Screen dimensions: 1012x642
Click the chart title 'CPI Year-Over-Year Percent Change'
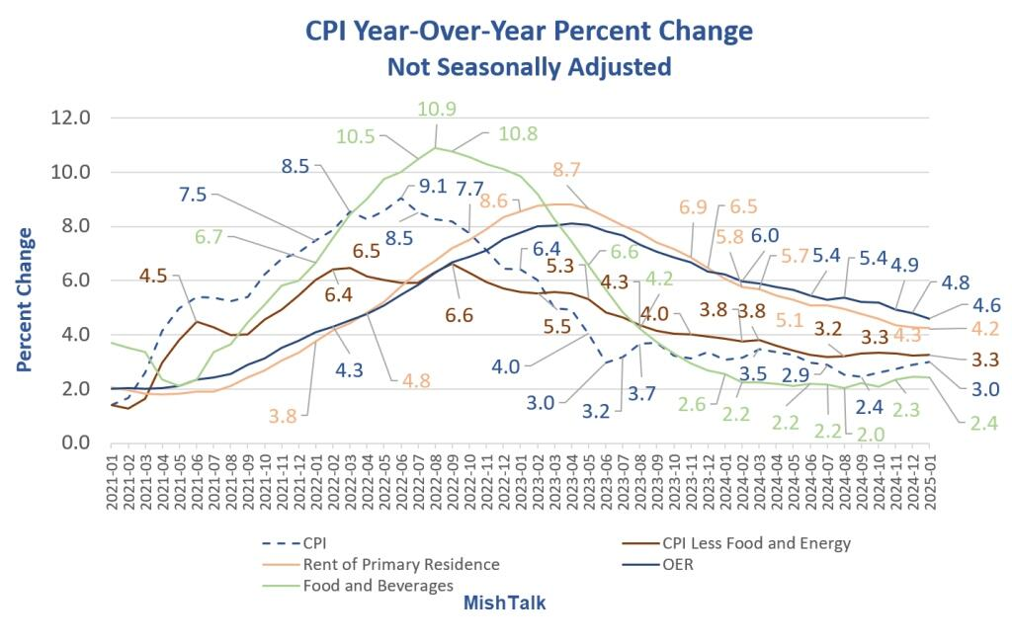click(529, 31)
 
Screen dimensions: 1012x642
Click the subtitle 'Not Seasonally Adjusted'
click(530, 66)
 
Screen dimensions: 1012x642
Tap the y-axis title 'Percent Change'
click(24, 299)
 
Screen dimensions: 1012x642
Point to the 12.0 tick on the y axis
click(70, 118)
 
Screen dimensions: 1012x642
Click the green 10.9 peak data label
click(436, 109)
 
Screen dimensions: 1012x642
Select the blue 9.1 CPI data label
click(433, 186)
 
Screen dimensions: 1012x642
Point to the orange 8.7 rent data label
click(566, 169)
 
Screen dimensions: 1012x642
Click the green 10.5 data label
click(355, 136)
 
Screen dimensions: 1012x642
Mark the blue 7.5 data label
click(193, 194)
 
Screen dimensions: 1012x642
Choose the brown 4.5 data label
click(153, 276)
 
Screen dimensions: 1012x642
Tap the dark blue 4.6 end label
click(985, 304)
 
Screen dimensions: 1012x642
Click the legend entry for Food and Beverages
click(358, 586)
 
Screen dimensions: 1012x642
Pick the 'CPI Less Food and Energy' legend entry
click(736, 543)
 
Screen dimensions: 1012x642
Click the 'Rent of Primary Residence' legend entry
click(380, 565)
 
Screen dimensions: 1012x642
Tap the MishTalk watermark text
click(505, 602)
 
